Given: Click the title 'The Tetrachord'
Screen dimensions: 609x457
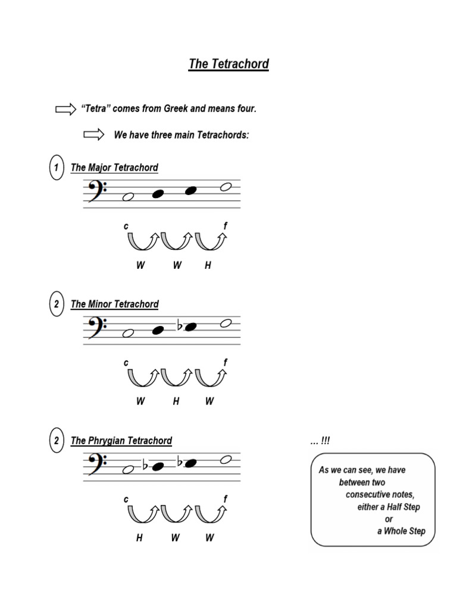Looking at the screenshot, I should pos(228,64).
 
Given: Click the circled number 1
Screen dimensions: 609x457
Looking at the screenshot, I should pos(55,168).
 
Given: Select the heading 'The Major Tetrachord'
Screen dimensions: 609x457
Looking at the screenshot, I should pos(114,168).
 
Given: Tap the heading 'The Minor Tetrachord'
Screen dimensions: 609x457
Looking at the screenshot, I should pos(114,304).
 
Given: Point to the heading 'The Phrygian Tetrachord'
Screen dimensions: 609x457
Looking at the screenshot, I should pos(121,441).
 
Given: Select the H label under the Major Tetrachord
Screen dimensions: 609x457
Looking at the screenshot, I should pos(208,266).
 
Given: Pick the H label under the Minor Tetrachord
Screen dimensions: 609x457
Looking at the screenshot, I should pos(176,401).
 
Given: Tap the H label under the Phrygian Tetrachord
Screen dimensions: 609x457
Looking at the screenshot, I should pos(139,538).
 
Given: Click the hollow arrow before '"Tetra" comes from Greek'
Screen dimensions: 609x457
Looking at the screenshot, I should pos(65,109).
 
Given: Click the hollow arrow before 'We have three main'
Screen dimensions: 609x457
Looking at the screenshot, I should pos(94,135).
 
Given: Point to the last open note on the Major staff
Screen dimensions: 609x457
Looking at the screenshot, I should pos(226,187).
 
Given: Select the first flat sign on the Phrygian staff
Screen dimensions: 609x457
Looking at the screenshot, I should pos(146,466).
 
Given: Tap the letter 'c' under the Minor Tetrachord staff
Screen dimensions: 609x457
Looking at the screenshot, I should pos(126,362).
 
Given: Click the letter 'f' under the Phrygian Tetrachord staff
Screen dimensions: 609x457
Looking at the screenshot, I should pos(226,499).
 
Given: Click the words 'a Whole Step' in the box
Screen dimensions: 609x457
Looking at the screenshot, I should pos(401,531).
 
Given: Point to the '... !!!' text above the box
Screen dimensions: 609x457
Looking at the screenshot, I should pos(320,441).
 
